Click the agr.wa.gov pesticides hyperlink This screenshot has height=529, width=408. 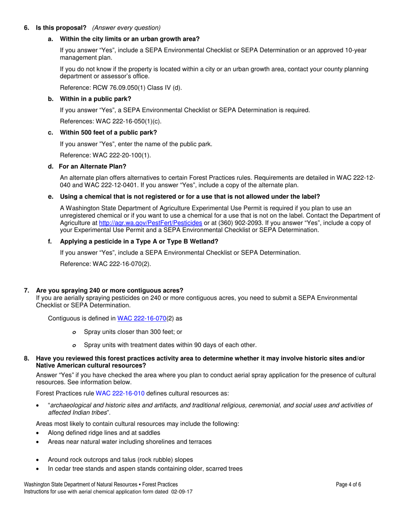click(x=150, y=223)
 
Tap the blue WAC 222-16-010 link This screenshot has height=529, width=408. click(x=120, y=393)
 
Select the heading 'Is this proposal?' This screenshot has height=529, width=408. click(x=61, y=28)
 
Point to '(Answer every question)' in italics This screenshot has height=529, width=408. click(x=126, y=28)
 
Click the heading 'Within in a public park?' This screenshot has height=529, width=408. click(x=95, y=99)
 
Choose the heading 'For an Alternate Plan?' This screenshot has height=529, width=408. click(x=92, y=166)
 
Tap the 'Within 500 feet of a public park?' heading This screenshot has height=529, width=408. click(x=108, y=132)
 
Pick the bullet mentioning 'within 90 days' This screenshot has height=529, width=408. click(x=170, y=345)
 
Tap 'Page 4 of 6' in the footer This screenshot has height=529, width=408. click(x=349, y=484)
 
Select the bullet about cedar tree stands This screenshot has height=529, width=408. click(x=145, y=469)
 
